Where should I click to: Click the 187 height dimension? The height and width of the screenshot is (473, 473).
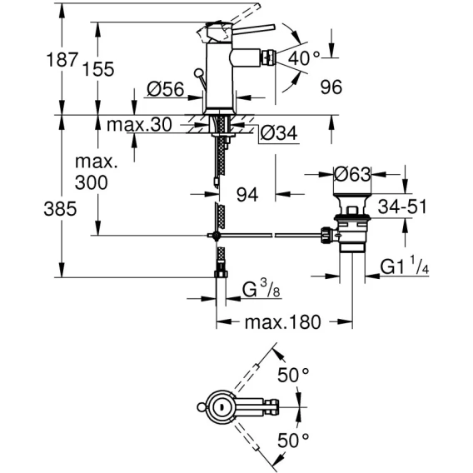pos(62,59)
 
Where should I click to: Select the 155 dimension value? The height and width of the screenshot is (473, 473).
pos(98,69)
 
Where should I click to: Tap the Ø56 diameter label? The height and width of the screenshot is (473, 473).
pos(166,89)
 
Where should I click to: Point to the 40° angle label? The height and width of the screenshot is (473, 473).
pos(304,58)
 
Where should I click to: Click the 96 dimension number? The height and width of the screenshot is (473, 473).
pos(331,87)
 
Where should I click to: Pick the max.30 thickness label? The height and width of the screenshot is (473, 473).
pos(139,124)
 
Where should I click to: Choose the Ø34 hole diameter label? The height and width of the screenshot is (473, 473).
pos(279,133)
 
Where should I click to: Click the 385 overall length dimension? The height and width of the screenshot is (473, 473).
pos(60,209)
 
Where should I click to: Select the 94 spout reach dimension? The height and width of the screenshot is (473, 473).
pos(247,195)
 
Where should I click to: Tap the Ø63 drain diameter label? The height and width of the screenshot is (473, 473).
pos(352,174)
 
